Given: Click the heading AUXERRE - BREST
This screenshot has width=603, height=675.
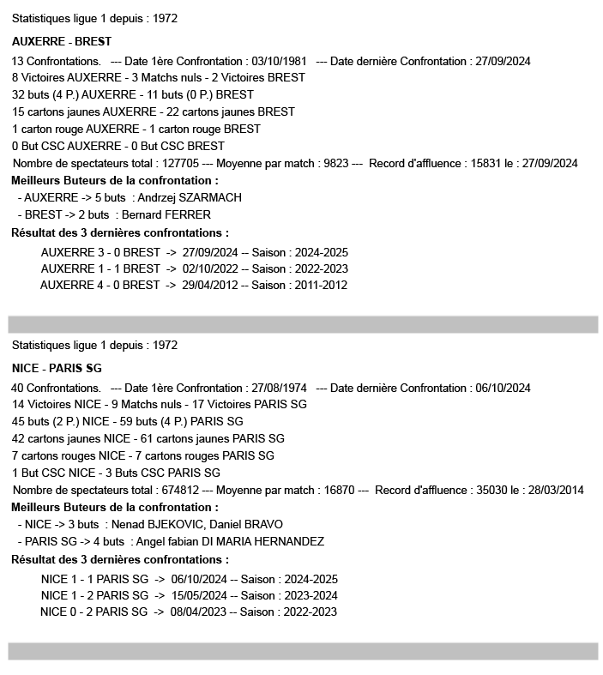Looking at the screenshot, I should pos(62,41).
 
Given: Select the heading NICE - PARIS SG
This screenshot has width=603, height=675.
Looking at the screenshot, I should pos(57,368).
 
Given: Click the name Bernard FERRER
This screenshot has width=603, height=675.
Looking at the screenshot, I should pos(166,214).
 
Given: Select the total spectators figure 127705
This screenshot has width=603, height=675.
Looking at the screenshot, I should pos(178,163).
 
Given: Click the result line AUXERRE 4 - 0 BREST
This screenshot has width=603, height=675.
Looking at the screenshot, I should pos(100,285).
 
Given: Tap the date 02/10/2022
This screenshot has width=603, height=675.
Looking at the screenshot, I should pos(210,268).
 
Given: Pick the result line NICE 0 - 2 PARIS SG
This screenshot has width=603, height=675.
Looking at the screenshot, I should pos(94,612).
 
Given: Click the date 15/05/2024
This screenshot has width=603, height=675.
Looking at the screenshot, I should pos(199,594).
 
